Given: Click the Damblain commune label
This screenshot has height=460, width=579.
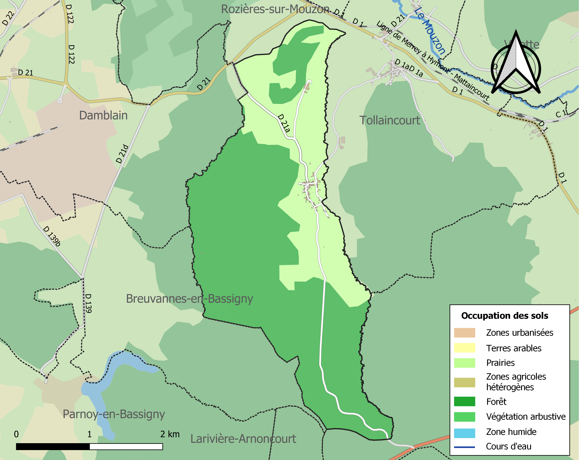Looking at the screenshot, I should click(103, 115).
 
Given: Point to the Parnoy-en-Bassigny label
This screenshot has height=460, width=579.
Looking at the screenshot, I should click(114, 414).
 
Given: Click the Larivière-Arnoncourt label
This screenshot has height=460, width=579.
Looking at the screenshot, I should click(243, 439).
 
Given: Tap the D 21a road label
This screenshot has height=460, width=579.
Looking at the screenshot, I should click(284, 123).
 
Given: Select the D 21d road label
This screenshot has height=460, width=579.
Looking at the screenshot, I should click(122, 154).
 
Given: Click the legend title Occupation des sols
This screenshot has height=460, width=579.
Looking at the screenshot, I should click(505, 316).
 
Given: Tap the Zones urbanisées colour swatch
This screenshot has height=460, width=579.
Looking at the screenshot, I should click(464, 333).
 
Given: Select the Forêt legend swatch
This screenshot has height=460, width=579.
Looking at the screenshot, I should click(464, 401).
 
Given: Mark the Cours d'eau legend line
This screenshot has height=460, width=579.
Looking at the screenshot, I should click(464, 447).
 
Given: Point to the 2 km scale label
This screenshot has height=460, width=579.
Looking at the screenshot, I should click(170, 434).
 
